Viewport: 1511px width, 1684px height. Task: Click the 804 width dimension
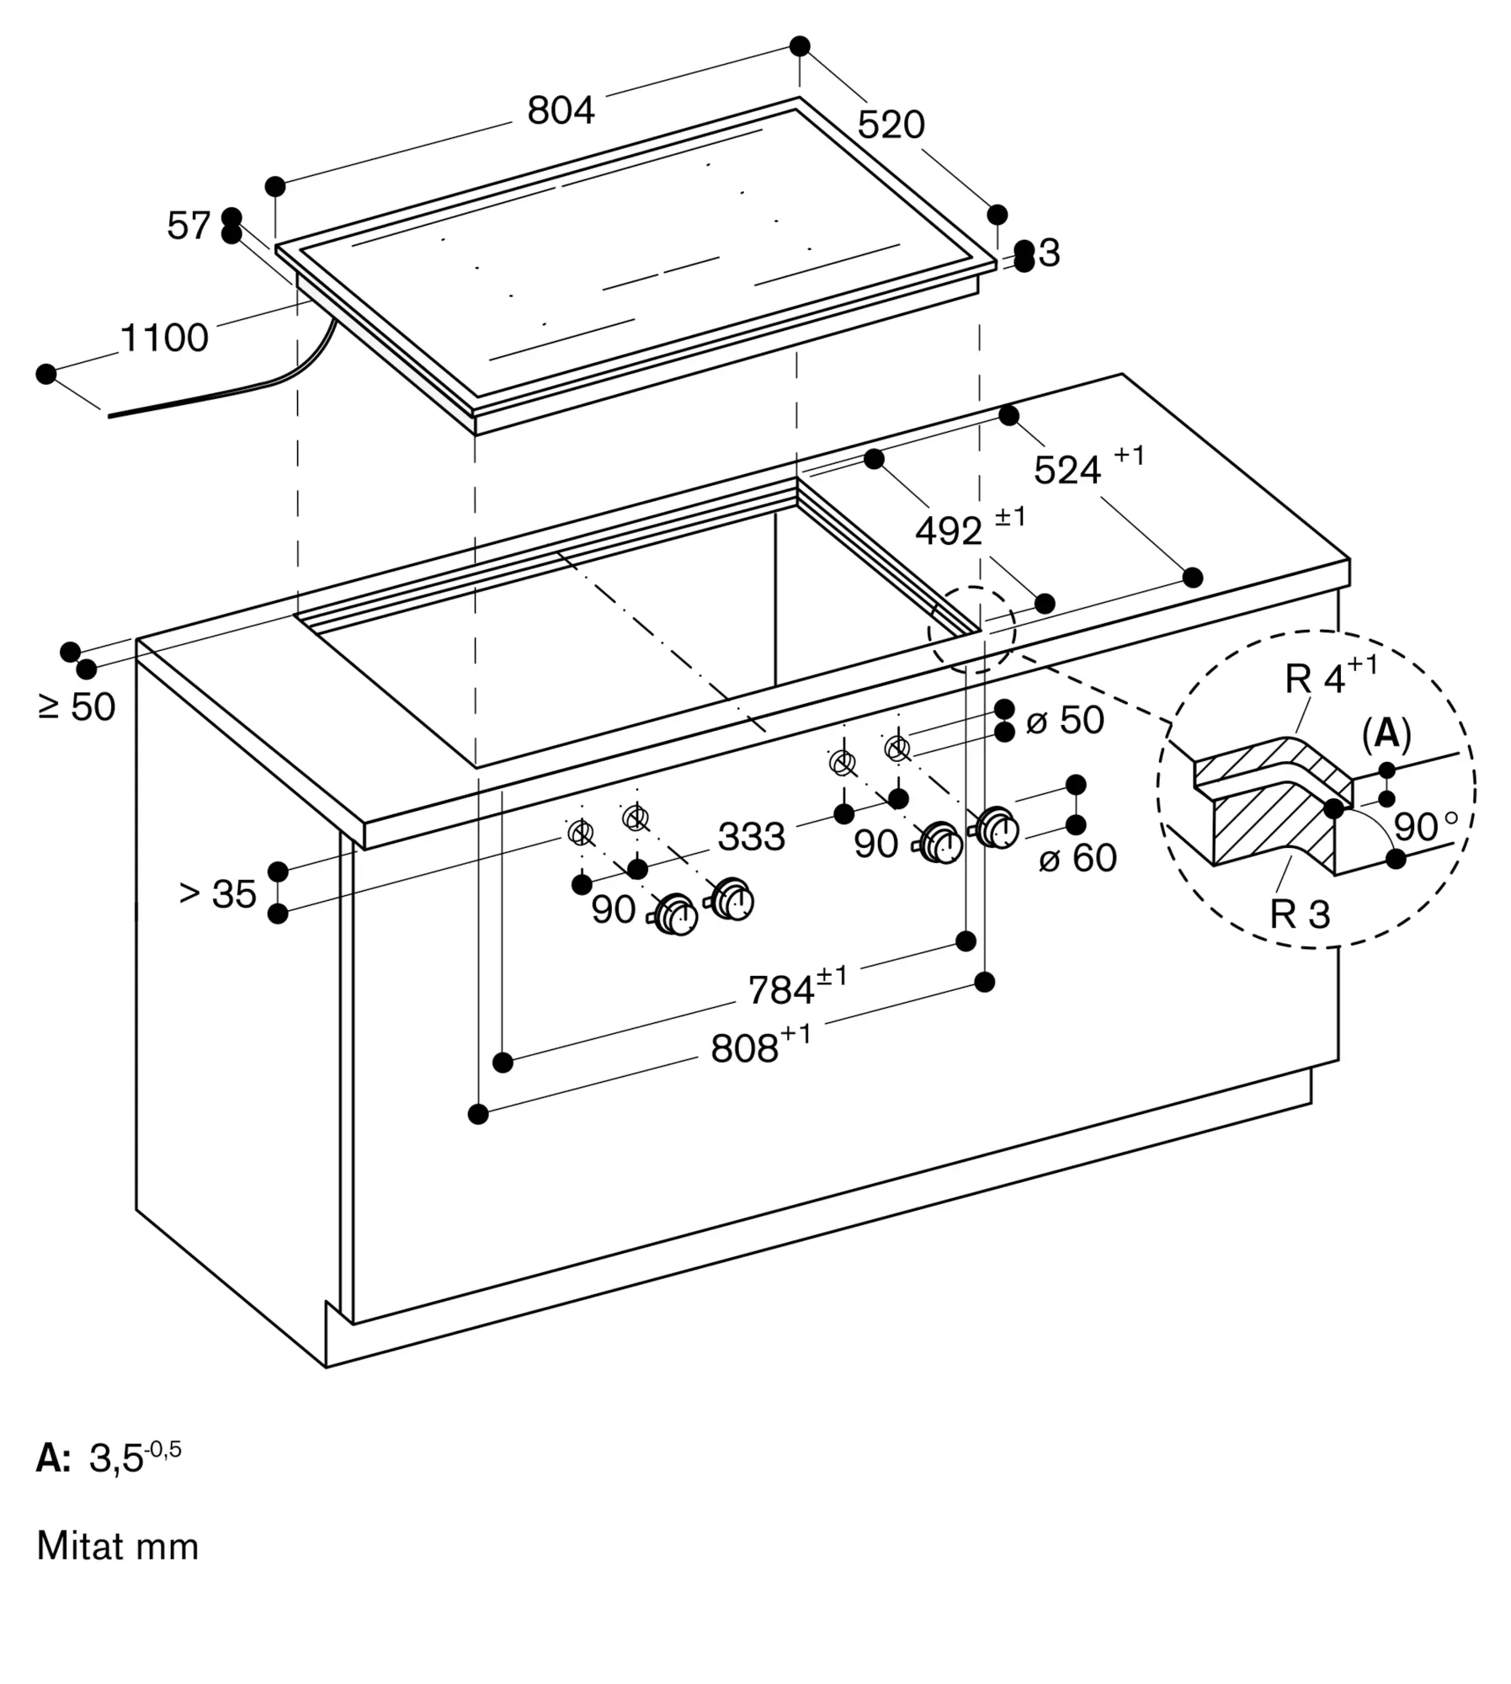point(561,110)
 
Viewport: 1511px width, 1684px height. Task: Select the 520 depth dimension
point(891,125)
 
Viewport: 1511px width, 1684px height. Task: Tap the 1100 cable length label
point(164,338)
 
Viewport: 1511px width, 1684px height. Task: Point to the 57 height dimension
point(188,226)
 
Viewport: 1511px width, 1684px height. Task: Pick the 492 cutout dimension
point(970,526)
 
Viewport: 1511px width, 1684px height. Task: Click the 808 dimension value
point(760,1045)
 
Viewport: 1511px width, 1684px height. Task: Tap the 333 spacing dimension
point(751,837)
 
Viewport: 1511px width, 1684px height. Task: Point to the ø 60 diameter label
point(1077,858)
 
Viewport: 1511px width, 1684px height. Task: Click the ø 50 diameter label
point(1065,720)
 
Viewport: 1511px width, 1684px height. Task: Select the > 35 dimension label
point(217,893)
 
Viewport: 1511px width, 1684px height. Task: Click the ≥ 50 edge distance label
point(77,706)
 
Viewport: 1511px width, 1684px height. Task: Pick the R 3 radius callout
point(1300,914)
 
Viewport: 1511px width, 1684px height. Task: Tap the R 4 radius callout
point(1331,675)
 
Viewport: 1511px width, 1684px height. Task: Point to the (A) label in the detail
point(1386,734)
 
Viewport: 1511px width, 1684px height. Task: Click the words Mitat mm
point(118,1546)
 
